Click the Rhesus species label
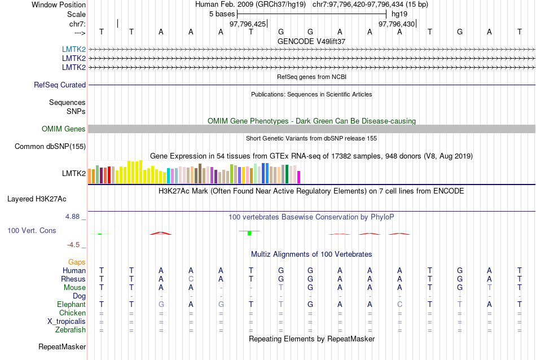pyautogui.click(x=74, y=279)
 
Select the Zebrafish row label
pyautogui.click(x=71, y=330)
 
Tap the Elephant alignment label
pyautogui.click(x=71, y=304)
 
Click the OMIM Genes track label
pyautogui.click(x=64, y=129)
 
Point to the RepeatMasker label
pyautogui.click(x=62, y=346)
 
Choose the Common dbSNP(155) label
pyautogui.click(x=50, y=147)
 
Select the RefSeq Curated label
pyautogui.click(x=60, y=85)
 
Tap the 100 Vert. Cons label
pyautogui.click(x=32, y=230)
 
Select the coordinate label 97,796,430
pyautogui.click(x=397, y=24)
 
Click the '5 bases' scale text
pyautogui.click(x=222, y=14)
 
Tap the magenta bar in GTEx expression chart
pyautogui.click(x=299, y=177)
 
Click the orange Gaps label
pyautogui.click(x=77, y=262)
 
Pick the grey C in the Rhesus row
pyautogui.click(x=191, y=279)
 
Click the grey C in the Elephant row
pyautogui.click(x=399, y=304)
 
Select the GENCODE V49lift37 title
pyautogui.click(x=311, y=41)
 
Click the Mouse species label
pyautogui.click(x=74, y=287)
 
